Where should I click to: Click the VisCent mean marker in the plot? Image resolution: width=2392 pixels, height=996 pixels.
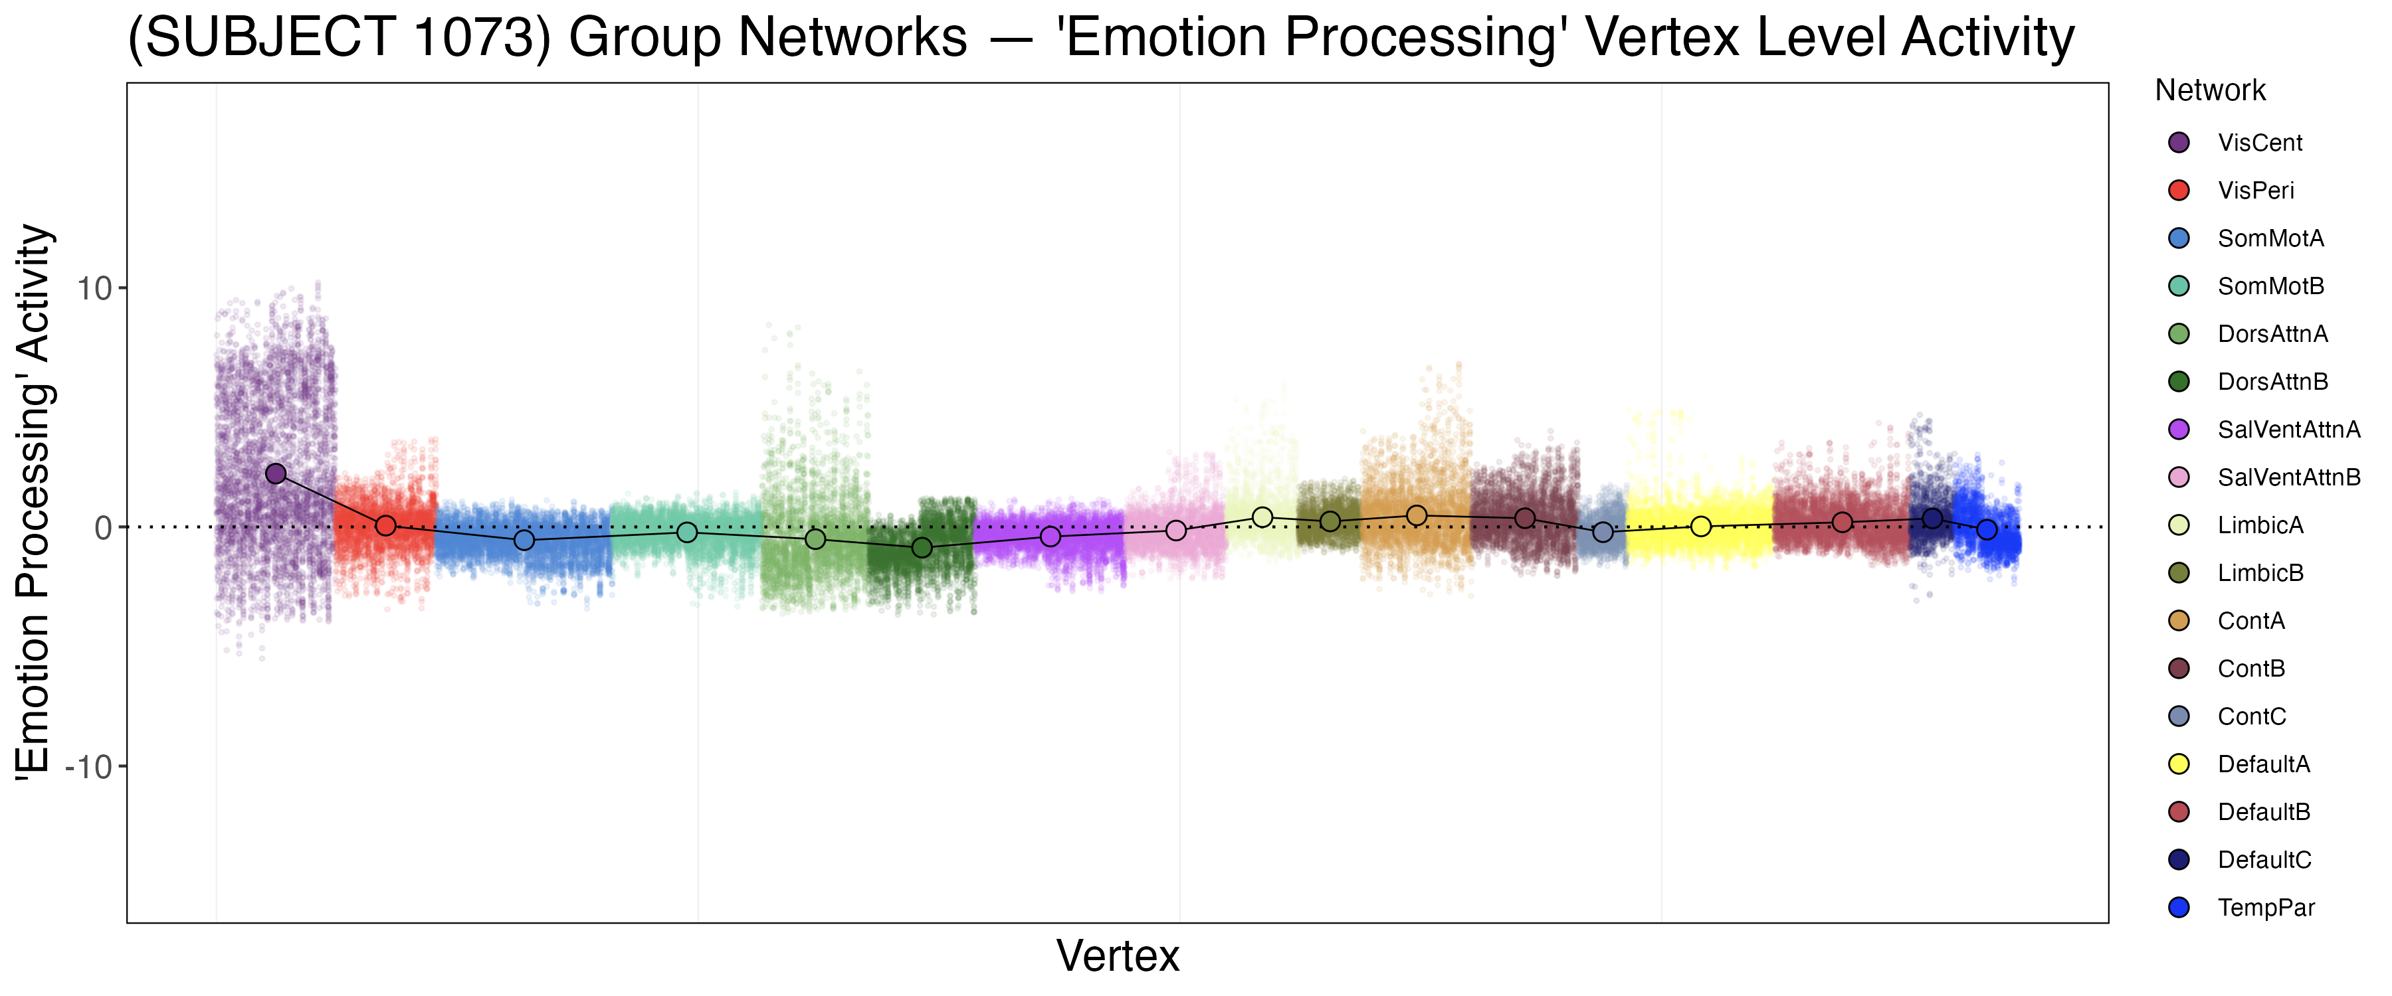pos(276,473)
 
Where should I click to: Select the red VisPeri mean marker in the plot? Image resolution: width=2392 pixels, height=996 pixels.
pos(385,525)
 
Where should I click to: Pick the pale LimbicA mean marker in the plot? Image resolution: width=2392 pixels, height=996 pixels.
pos(1262,517)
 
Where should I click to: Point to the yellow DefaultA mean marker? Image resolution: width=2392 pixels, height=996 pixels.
pos(1700,527)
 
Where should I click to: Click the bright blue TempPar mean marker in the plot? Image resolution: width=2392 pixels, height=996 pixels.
pos(1986,530)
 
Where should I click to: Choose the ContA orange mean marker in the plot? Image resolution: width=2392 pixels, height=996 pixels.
pos(1416,515)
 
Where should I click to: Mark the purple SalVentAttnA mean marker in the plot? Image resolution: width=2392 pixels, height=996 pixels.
pos(1050,537)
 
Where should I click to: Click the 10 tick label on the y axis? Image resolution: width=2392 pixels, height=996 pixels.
pos(94,289)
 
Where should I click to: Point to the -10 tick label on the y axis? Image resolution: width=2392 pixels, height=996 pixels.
pos(88,767)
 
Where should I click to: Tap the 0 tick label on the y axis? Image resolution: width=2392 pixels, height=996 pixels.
pos(103,528)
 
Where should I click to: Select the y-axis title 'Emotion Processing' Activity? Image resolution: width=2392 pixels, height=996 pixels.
pos(35,502)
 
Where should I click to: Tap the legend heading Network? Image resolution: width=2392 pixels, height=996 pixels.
pos(2210,91)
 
